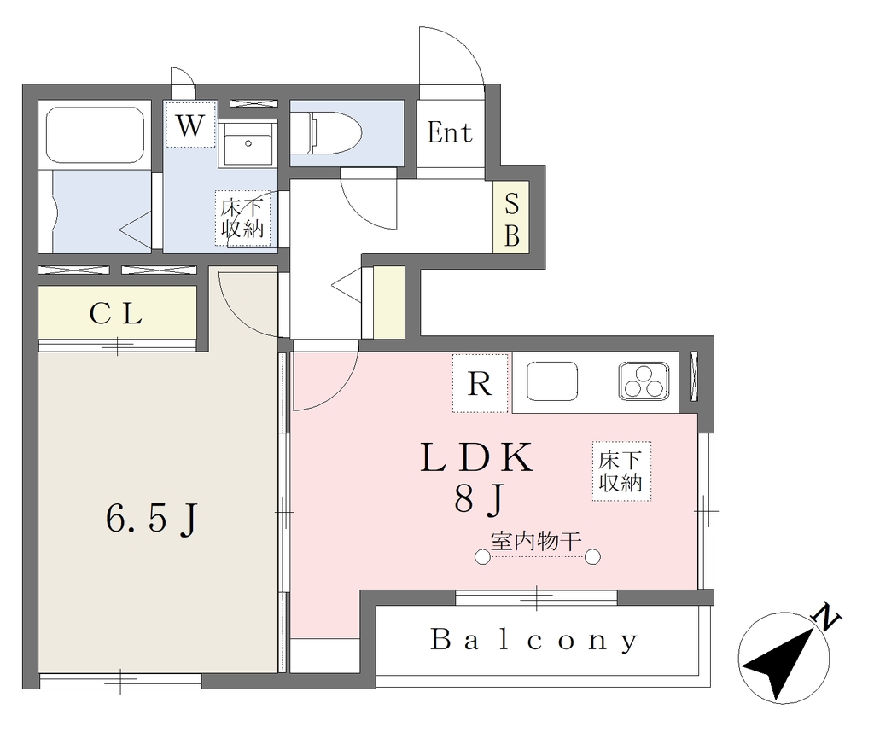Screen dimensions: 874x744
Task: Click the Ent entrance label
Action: (x=450, y=132)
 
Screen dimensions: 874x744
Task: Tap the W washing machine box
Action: (x=190, y=125)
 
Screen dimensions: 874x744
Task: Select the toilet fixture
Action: (x=327, y=133)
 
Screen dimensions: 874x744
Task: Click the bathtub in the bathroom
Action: (x=94, y=135)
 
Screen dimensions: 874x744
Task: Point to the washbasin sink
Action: (x=248, y=143)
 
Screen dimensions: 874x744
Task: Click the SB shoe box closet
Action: (x=511, y=218)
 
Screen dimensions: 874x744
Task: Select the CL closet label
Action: (x=116, y=314)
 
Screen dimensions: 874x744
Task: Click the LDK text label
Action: (x=477, y=458)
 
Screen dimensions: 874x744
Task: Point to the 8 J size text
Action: (x=479, y=497)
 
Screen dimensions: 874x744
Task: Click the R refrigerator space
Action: (x=481, y=383)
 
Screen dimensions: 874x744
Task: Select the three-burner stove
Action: (x=644, y=381)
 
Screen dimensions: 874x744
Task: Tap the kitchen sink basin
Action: (x=552, y=381)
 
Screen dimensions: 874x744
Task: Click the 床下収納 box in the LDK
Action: (x=621, y=472)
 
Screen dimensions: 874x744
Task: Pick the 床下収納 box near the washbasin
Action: (x=242, y=218)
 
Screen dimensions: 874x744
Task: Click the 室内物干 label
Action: (x=536, y=541)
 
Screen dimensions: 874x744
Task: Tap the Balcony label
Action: (x=533, y=640)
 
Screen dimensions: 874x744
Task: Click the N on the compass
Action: (x=826, y=616)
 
